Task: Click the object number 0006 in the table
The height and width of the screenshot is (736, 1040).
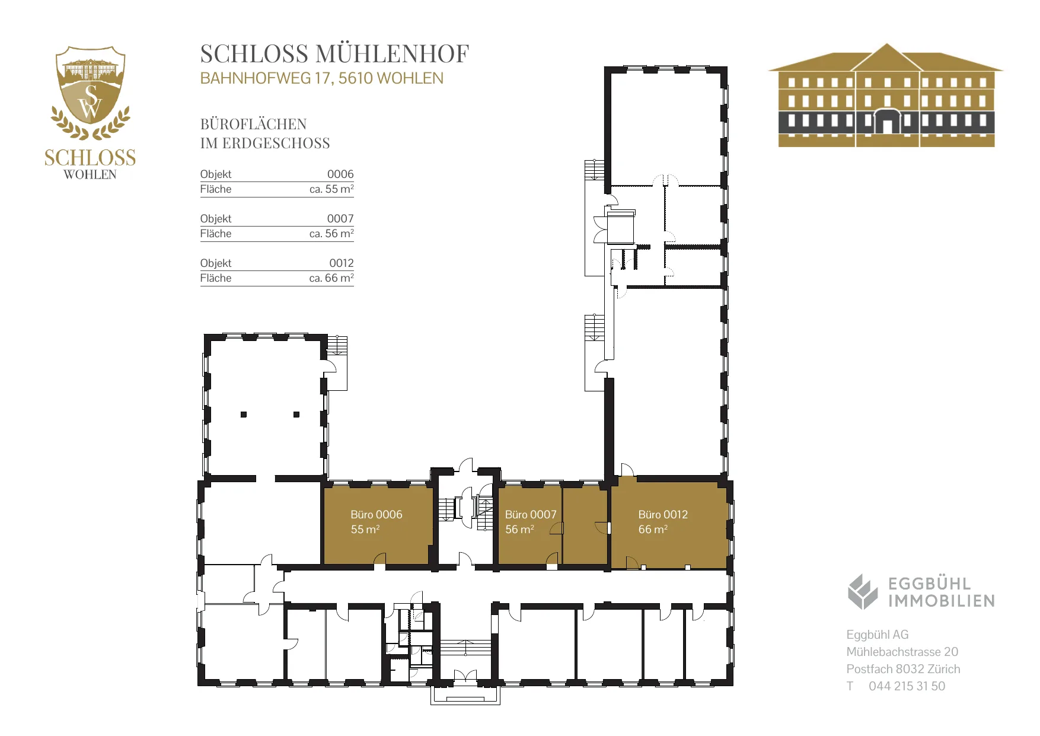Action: coord(340,174)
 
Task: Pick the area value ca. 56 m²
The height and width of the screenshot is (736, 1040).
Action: coord(331,234)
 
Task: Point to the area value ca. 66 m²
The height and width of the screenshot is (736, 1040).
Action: coord(331,278)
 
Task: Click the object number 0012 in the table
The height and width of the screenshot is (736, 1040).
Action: coord(342,263)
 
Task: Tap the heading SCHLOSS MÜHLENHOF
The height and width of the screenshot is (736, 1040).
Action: coord(334,53)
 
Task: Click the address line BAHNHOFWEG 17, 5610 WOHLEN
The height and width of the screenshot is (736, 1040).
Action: coord(321,78)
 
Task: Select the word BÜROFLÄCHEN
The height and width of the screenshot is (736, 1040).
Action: coord(253,124)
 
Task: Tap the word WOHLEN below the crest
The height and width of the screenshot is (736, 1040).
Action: coord(90,174)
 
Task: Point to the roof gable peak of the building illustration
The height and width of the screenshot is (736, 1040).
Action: coord(886,44)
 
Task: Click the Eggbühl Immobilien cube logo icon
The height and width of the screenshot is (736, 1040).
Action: coord(862,591)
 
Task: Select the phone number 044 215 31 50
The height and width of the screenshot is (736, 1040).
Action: coord(907,686)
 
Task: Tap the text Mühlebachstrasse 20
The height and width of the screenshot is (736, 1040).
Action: coord(902,652)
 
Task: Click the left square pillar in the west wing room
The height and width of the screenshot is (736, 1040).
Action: coord(244,415)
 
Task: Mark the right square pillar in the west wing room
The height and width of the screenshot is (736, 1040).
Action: coord(296,415)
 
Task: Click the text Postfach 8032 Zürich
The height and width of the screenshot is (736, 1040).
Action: coord(903,669)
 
